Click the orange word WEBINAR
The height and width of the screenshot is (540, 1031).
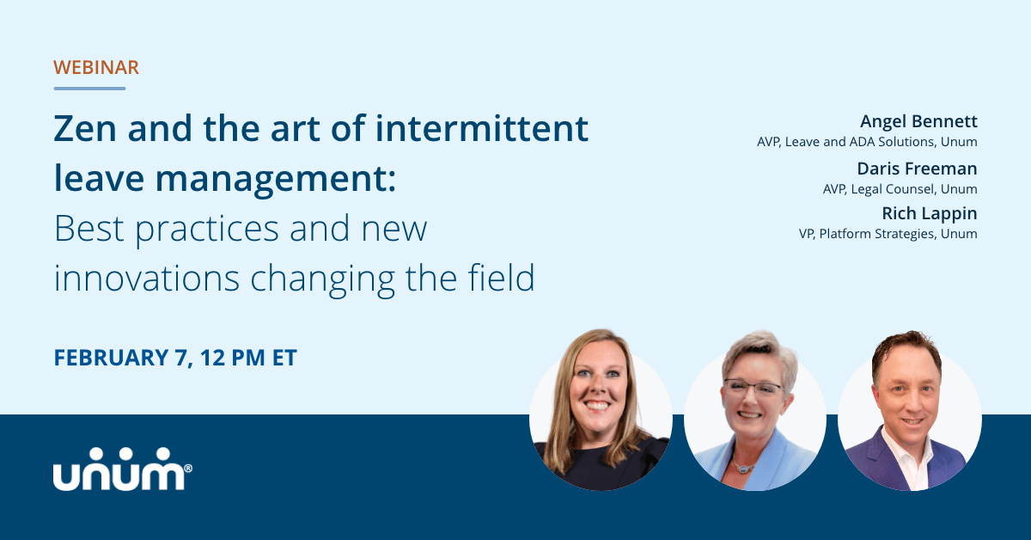coord(96,68)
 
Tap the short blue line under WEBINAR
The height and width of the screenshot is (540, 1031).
coord(89,88)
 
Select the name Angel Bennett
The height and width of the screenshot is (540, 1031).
coord(919,121)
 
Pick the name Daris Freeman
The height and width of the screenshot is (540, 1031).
coord(917,169)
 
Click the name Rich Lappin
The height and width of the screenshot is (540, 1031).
coord(930,213)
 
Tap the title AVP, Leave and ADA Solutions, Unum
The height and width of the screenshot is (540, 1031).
coord(867,142)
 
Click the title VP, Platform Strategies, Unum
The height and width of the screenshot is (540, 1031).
coord(887,234)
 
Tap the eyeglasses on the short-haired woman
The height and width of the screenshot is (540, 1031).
coord(753,390)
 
